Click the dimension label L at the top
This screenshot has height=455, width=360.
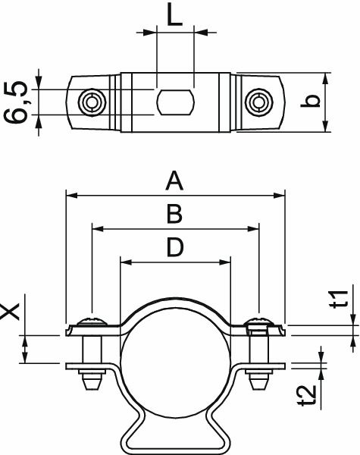(175, 17)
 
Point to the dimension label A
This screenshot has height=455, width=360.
(175, 181)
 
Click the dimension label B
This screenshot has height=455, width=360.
(174, 215)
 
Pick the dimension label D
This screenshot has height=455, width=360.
(175, 248)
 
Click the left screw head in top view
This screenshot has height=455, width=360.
(92, 101)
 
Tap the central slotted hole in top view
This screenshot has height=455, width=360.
(175, 101)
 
